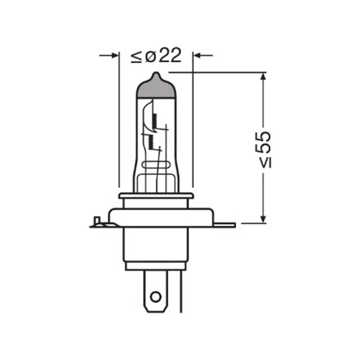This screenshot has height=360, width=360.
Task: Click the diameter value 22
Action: pyautogui.click(x=170, y=55)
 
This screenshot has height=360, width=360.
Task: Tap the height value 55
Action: pyautogui.click(x=263, y=142)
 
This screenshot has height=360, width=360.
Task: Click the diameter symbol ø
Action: pyautogui.click(x=151, y=56)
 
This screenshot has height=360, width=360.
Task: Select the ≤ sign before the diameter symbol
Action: pyautogui.click(x=136, y=57)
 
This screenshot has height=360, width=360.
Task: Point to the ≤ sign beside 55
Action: pyautogui.click(x=265, y=163)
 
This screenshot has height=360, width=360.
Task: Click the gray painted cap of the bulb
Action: pyautogui.click(x=156, y=88)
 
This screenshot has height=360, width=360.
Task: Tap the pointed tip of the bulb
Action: pyautogui.click(x=156, y=73)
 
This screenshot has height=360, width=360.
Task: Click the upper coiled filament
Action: pyautogui.click(x=155, y=121)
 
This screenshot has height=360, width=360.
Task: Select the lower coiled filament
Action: pyautogui.click(x=151, y=142)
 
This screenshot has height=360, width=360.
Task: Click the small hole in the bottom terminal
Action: pyautogui.click(x=156, y=297)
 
